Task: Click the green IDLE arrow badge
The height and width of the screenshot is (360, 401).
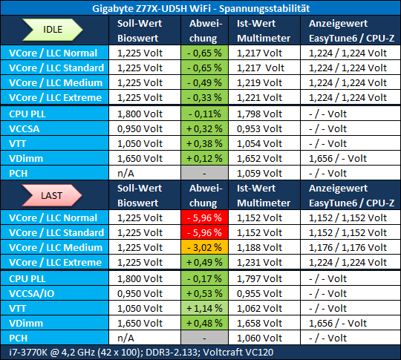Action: [x=53, y=30]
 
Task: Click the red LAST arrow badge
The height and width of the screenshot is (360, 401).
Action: [x=52, y=195]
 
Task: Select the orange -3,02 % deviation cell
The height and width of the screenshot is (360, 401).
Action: [x=204, y=247]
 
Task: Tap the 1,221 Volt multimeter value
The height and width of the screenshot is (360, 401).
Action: [x=259, y=97]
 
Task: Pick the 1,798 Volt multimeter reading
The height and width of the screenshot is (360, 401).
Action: [x=259, y=114]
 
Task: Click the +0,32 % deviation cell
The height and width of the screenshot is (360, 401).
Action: [x=204, y=128]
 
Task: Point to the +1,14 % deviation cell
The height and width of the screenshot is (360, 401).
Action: [x=204, y=308]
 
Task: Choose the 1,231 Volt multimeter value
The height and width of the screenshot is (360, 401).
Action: [x=259, y=262]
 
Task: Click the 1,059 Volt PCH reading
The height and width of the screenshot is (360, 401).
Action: [x=259, y=173]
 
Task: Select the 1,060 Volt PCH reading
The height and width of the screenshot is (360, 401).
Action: [x=259, y=338]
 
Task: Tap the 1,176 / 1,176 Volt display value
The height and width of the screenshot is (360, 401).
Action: [x=348, y=247]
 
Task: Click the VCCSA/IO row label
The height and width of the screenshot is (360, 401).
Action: [x=32, y=293]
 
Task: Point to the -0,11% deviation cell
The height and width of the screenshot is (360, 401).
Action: [x=204, y=114]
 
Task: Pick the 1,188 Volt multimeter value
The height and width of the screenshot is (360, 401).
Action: [x=259, y=247]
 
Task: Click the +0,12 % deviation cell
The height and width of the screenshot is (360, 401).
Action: [x=204, y=158]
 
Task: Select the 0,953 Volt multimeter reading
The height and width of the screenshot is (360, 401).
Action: [x=259, y=128]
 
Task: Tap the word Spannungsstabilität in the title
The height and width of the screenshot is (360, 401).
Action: [x=264, y=9]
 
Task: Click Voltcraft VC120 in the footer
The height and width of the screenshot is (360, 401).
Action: [x=238, y=353]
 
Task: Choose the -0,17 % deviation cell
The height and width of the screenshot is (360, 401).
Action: [x=204, y=278]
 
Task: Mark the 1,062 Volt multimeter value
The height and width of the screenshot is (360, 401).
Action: [x=259, y=308]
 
